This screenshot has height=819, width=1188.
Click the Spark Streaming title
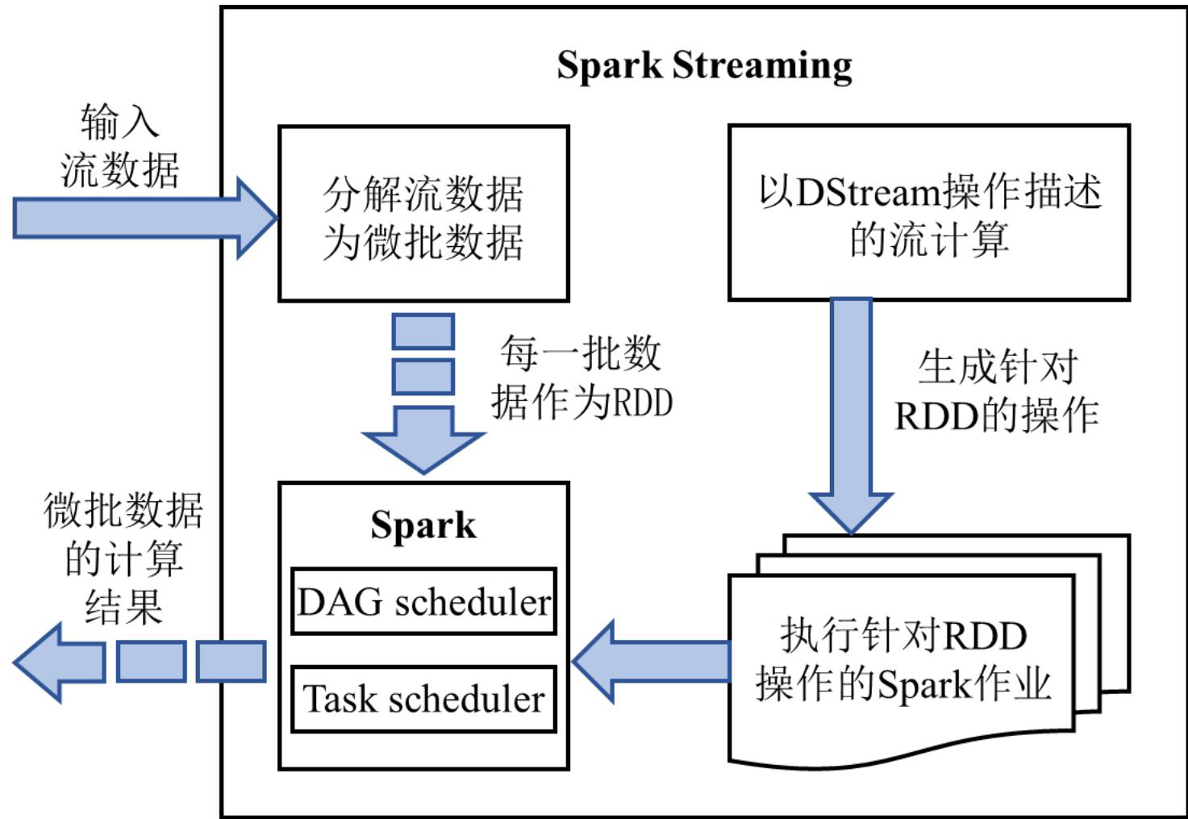(704, 66)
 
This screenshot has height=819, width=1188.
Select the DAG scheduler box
(423, 601)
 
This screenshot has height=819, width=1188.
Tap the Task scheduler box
(423, 699)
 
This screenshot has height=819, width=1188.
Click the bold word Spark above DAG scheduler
(423, 526)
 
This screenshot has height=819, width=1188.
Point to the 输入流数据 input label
(120, 145)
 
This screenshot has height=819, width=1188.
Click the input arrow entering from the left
(144, 218)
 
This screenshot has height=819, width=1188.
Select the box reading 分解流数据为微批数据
(423, 214)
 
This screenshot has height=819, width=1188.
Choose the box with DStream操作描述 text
(929, 213)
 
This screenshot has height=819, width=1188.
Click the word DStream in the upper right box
(869, 192)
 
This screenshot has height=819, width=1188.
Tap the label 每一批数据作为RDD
(581, 377)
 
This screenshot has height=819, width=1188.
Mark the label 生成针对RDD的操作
(997, 391)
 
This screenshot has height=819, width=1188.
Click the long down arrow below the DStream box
(851, 416)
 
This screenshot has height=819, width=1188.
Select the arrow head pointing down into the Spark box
(423, 441)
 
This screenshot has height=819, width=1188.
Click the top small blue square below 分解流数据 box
(423, 332)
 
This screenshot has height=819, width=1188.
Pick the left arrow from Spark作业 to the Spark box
(652, 662)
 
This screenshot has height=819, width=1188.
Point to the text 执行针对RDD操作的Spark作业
(903, 660)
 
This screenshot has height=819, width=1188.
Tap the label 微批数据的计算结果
(123, 558)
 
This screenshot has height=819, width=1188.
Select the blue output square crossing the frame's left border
(231, 662)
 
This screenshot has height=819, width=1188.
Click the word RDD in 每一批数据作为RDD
(643, 403)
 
